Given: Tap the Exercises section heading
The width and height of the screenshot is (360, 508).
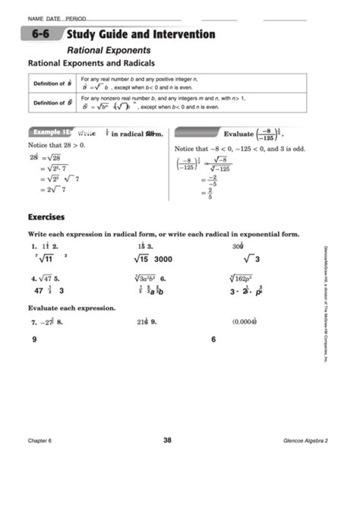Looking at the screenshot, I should coord(46,217).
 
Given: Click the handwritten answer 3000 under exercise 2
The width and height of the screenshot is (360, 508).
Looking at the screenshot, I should coord(163,259).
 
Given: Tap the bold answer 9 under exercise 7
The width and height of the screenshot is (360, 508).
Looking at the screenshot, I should coord(35,339).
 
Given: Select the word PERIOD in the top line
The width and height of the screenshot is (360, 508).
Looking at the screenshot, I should coord(76,17).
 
